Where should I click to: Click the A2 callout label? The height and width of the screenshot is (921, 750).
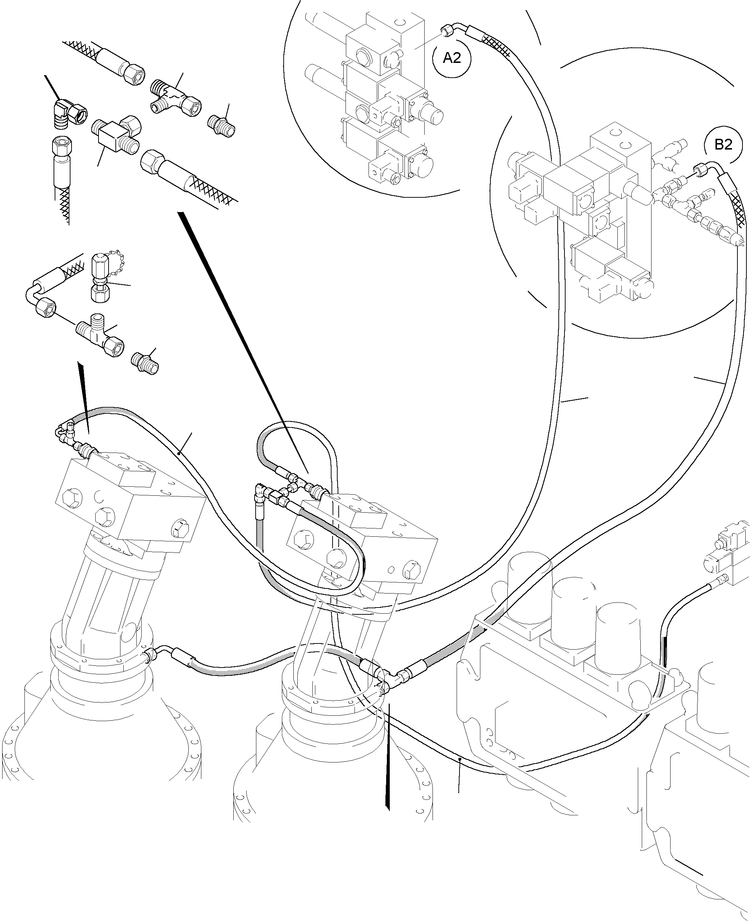452,58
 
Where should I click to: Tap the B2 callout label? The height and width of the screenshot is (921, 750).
723,144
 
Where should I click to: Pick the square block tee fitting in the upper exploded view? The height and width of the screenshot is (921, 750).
116,134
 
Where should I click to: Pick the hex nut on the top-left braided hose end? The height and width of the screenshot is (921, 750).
130,71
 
